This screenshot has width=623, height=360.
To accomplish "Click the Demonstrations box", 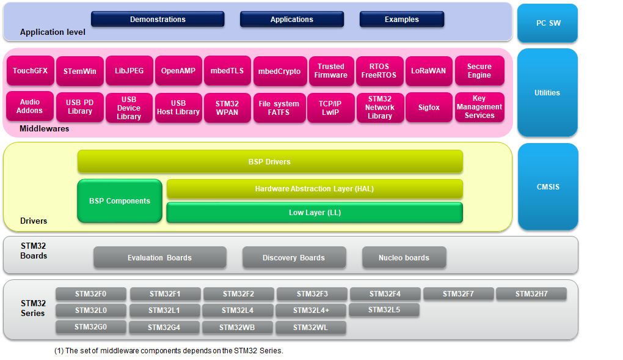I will [158, 20].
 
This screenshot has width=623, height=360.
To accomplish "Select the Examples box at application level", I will [401, 20].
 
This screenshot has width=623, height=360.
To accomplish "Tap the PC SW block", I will [547, 23].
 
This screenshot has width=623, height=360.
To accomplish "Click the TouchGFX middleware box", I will [30, 71].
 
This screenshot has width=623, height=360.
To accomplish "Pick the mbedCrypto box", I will [279, 72].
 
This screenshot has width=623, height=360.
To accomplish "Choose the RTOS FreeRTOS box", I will [379, 71].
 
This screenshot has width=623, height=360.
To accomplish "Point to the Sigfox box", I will [429, 108].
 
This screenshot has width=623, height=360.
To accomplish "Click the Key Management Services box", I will [479, 107].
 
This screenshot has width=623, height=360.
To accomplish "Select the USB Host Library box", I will [178, 108].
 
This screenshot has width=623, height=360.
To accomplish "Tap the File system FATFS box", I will [279, 108].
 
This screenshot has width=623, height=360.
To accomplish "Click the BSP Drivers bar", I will [269, 162].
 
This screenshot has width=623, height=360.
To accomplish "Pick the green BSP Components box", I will [120, 200].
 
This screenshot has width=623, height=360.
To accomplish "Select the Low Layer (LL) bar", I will [315, 213].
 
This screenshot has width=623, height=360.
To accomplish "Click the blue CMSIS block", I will [547, 187].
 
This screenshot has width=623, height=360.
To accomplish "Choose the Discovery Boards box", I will [294, 257].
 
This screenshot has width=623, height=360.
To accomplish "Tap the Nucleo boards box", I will [404, 257].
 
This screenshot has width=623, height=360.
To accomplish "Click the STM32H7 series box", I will [531, 294].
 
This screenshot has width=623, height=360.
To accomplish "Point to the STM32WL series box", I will [310, 328].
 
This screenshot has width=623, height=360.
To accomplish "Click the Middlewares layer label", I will [45, 129].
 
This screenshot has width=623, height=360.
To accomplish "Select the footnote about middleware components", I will [169, 351].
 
